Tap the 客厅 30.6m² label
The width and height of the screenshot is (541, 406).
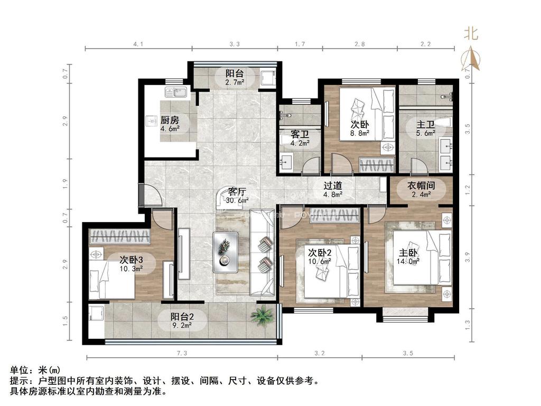click(x=237, y=195)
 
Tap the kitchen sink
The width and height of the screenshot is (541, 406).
click(x=176, y=93)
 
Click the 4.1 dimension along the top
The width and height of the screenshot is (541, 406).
click(x=138, y=44)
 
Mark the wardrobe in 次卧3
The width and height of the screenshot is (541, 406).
click(x=119, y=236)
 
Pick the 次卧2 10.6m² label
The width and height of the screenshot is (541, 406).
click(x=320, y=256)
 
